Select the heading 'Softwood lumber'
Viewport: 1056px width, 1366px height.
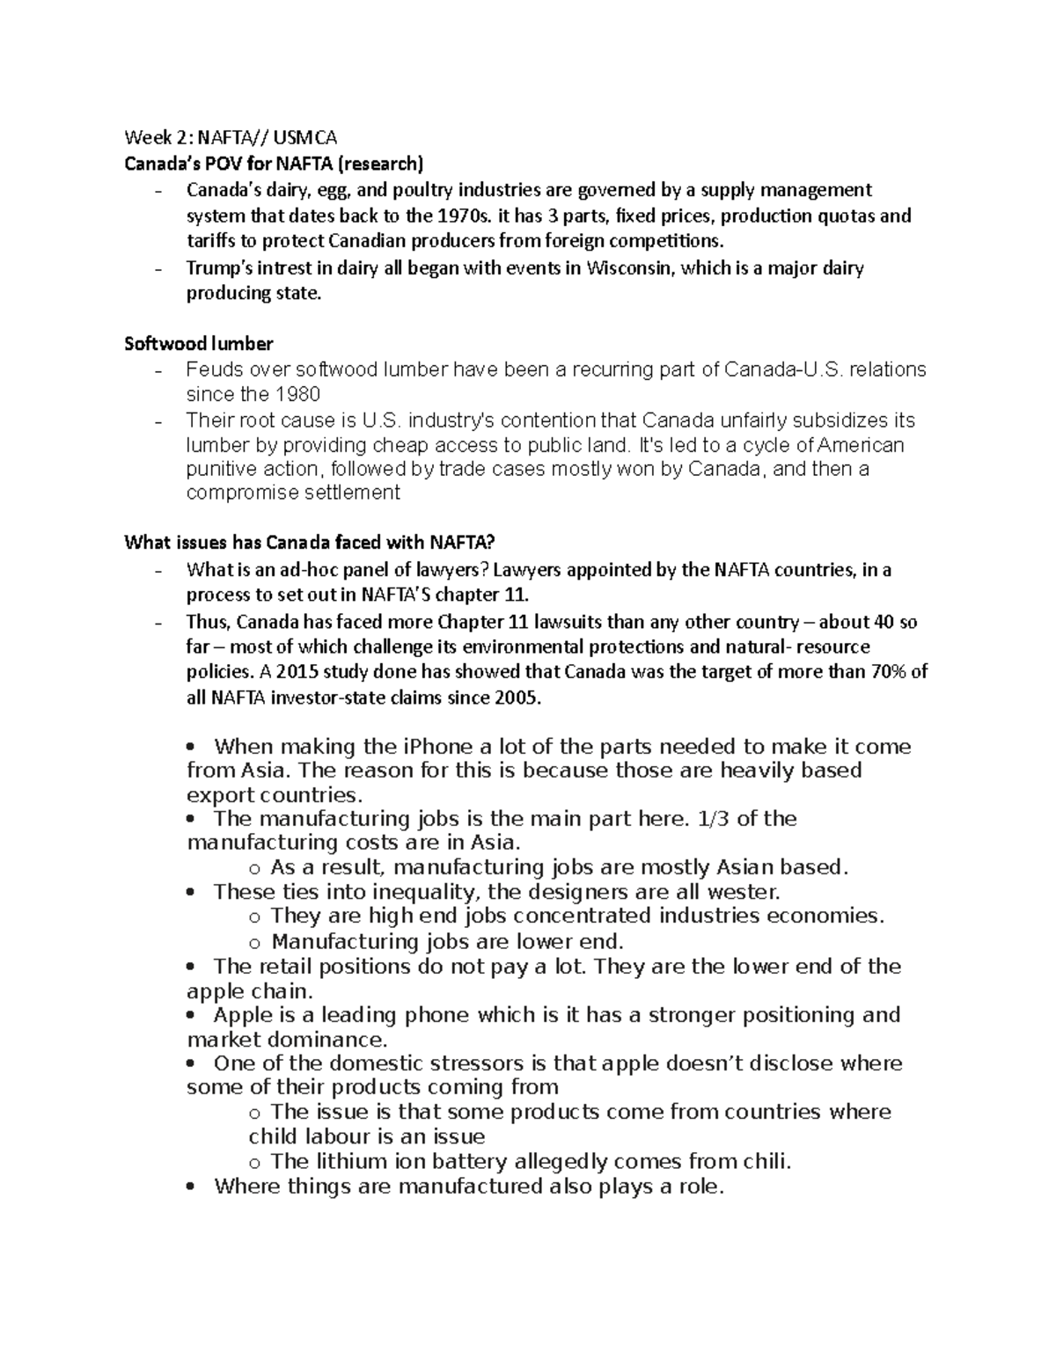pyautogui.click(x=199, y=343)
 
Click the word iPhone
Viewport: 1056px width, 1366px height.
pyautogui.click(x=437, y=747)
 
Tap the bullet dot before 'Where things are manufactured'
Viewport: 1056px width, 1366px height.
pyautogui.click(x=191, y=1187)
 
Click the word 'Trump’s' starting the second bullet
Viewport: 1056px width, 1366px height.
pyautogui.click(x=216, y=267)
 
